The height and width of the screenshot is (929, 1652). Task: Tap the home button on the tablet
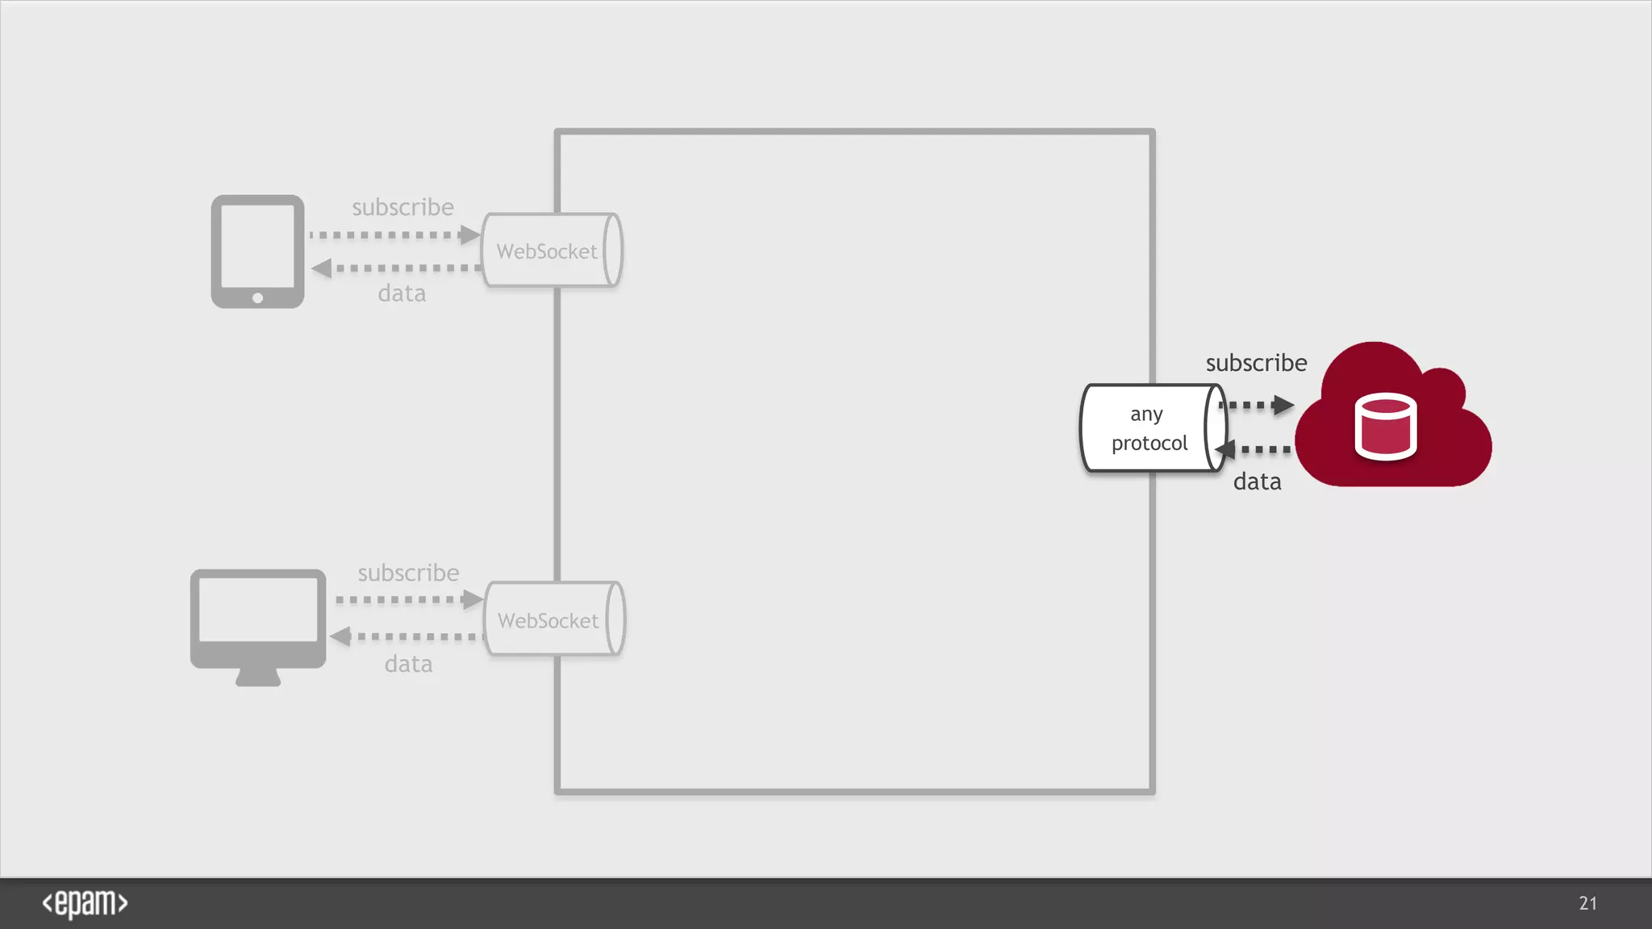pos(257,298)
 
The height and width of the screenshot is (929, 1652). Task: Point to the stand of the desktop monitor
pos(258,677)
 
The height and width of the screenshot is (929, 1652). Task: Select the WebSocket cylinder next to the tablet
pos(552,250)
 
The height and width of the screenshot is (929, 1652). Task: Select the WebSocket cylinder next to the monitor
pos(554,619)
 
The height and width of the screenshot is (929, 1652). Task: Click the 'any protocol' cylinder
pos(1152,428)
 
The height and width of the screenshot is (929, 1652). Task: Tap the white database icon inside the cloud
pos(1385,427)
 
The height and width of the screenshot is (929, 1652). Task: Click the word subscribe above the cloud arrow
pos(1256,363)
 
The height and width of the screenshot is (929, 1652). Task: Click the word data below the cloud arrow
pos(1257,481)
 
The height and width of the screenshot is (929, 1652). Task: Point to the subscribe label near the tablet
pos(403,207)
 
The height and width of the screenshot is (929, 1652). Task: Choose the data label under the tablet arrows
pos(402,293)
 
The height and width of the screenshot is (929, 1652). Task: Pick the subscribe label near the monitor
pos(408,573)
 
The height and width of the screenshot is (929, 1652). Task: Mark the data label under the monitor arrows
pos(408,664)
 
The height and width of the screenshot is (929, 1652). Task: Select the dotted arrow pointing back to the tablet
pos(395,268)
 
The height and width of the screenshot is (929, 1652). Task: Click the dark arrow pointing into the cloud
pos(1258,405)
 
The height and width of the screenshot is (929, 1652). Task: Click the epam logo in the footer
pos(85,903)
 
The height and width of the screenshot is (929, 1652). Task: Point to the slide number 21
pos(1587,903)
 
